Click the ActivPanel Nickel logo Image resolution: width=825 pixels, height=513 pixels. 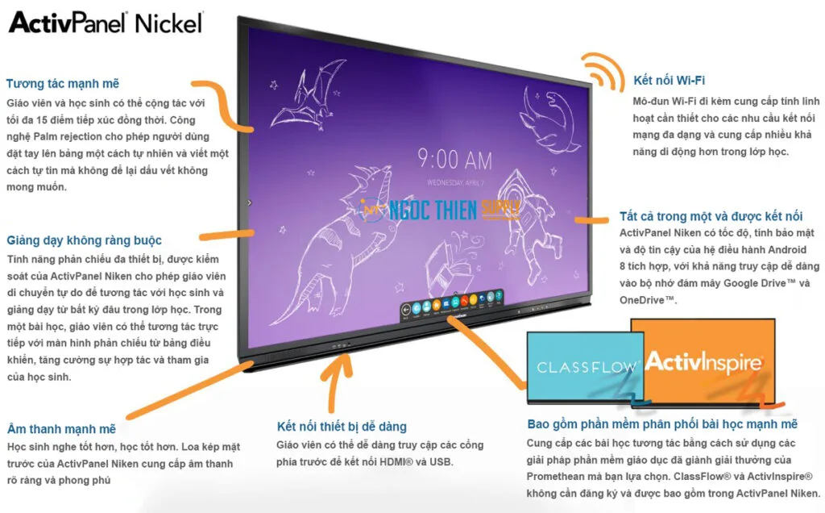point(106,22)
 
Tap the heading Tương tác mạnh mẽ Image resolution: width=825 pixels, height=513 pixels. point(63,84)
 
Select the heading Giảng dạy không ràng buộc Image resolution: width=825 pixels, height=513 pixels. point(84,240)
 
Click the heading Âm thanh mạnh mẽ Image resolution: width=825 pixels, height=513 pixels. point(61,429)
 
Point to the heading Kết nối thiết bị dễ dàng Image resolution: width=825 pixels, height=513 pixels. point(342,427)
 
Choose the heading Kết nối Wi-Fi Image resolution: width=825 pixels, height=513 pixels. point(669,81)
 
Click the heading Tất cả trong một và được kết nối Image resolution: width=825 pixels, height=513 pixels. point(711,216)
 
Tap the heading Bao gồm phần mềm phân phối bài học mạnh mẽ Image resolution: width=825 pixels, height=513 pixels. point(662,424)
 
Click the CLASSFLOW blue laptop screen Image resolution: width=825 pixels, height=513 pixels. point(586,367)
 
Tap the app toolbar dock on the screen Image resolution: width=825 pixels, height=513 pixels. point(454,307)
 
